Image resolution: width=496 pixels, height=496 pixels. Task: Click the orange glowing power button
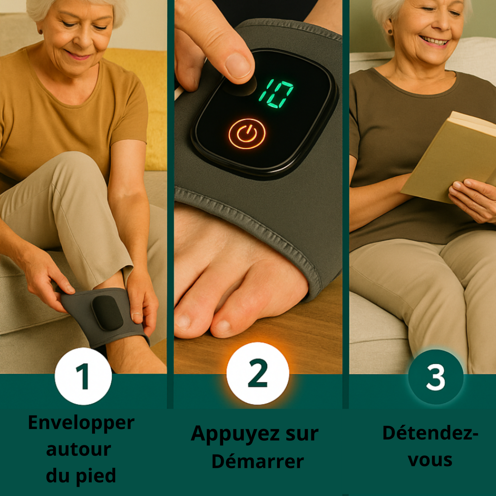(247, 134)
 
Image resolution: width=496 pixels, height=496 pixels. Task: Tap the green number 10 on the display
(276, 93)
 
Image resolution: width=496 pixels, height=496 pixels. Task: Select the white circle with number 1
(83, 376)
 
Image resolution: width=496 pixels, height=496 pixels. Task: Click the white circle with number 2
(258, 373)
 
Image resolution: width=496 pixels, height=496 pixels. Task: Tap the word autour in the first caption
(79, 450)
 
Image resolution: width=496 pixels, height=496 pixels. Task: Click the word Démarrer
(258, 461)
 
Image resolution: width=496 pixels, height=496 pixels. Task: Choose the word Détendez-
(430, 433)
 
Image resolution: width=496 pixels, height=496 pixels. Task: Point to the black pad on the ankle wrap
(107, 312)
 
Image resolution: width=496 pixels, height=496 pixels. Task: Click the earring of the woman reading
(390, 32)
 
